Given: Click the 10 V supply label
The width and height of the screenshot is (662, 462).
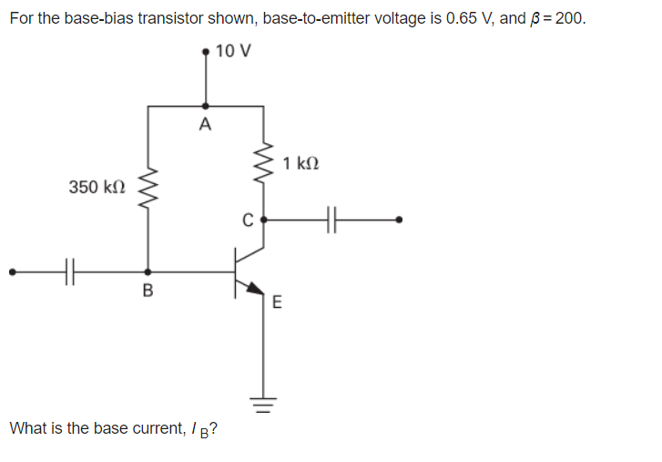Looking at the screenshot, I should pyautogui.click(x=235, y=50).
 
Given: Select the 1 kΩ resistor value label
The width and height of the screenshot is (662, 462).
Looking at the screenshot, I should pyautogui.click(x=301, y=164).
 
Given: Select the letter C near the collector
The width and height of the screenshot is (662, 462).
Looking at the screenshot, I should pyautogui.click(x=246, y=220).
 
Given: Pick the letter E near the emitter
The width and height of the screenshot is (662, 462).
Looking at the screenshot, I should pyautogui.click(x=278, y=303).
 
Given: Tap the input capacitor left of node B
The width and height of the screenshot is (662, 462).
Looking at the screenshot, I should pyautogui.click(x=71, y=271).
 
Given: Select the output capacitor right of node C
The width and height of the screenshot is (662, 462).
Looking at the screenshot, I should pyautogui.click(x=331, y=220).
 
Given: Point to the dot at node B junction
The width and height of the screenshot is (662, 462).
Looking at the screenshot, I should pyautogui.click(x=148, y=271).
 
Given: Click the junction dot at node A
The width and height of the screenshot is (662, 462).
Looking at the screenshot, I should pyautogui.click(x=204, y=107).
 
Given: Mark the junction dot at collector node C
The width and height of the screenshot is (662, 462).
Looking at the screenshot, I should pyautogui.click(x=264, y=220).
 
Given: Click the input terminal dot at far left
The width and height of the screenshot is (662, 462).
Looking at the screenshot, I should pyautogui.click(x=12, y=271).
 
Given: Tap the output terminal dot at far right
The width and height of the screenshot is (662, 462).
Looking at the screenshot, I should pyautogui.click(x=398, y=220).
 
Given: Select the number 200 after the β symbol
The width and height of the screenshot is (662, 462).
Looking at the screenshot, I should pyautogui.click(x=566, y=19).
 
